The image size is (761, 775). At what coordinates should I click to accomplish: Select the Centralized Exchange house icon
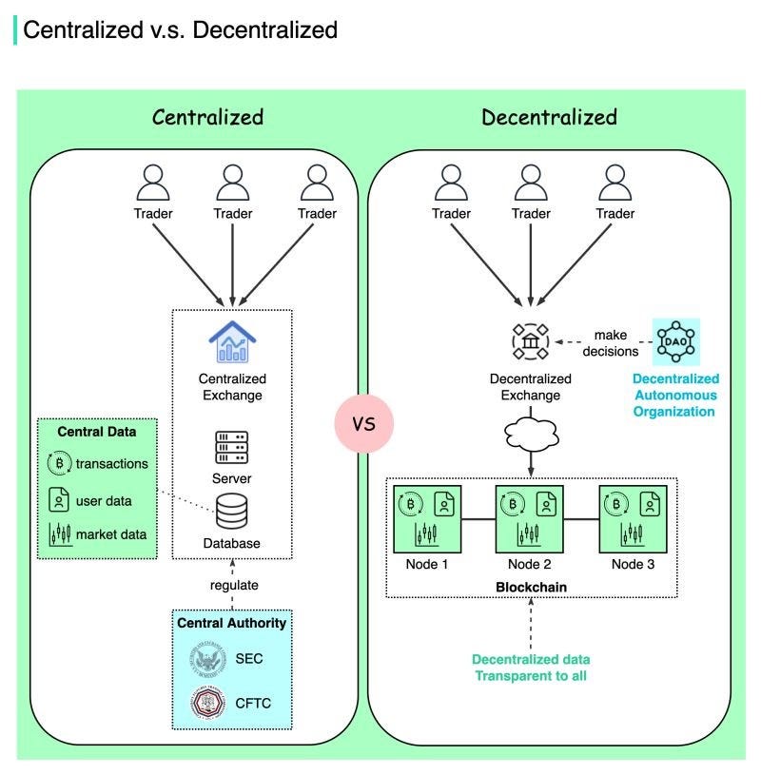(232, 341)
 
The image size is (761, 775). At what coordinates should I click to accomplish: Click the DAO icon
(676, 340)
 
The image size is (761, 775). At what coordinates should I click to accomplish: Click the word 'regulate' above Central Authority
(234, 584)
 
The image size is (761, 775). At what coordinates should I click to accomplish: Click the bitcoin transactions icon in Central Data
(58, 464)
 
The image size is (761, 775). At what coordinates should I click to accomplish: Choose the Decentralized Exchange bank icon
(532, 340)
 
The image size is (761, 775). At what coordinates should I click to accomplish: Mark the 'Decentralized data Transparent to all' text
(532, 668)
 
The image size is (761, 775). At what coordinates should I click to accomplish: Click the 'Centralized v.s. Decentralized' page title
(180, 29)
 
